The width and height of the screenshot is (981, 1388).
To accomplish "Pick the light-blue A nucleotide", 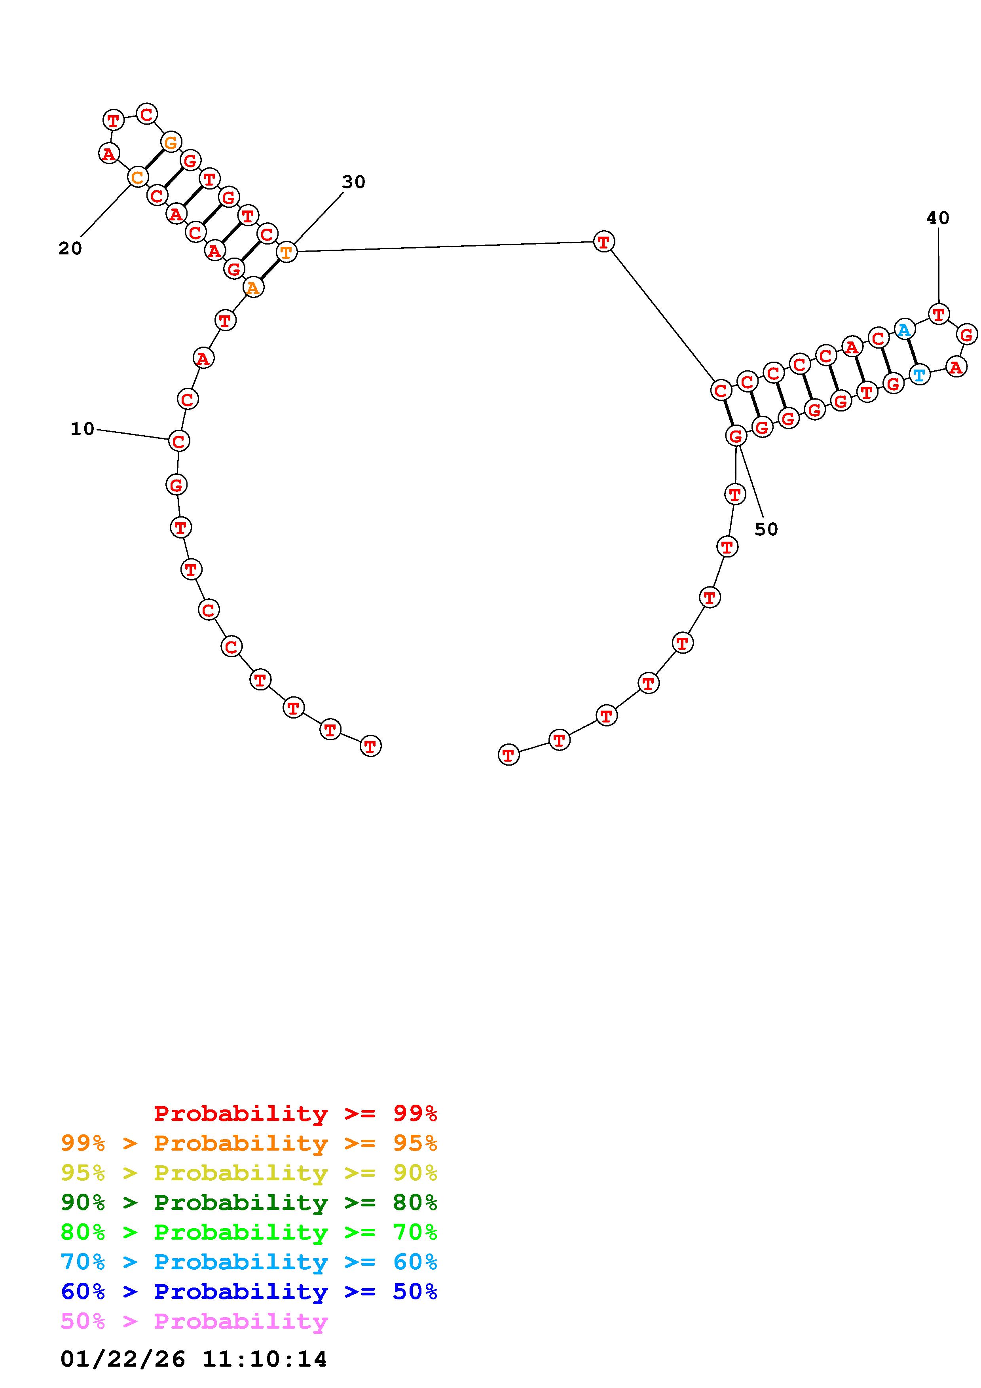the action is [903, 330].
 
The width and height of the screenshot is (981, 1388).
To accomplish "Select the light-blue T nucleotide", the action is [919, 375].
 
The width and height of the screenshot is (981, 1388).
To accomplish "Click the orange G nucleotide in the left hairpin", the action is [171, 143].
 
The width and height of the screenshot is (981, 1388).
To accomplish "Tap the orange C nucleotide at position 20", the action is [138, 177].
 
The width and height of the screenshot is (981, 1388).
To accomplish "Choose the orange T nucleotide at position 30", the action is [287, 252].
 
